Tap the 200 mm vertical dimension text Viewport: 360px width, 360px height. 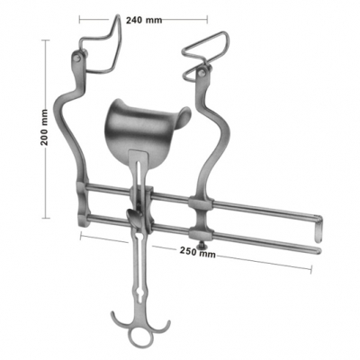(x=45, y=128)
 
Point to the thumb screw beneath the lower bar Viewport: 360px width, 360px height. (x=204, y=243)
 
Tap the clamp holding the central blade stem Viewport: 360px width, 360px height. (x=135, y=216)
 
